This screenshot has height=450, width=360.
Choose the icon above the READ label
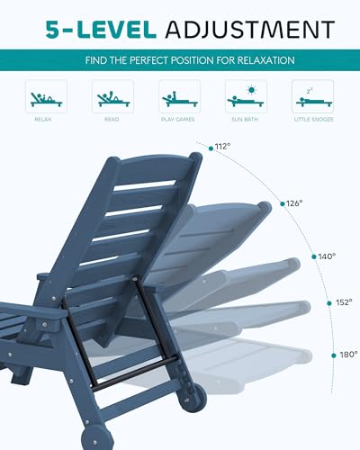pos(112,96)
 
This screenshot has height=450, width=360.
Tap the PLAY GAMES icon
pos(179,96)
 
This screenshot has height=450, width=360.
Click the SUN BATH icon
pos(246,96)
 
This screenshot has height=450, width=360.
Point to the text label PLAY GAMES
pos(179,117)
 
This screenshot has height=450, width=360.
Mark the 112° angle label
pos(223,147)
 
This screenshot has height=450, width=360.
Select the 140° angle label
pos(327,256)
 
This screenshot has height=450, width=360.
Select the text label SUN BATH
pos(246,117)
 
